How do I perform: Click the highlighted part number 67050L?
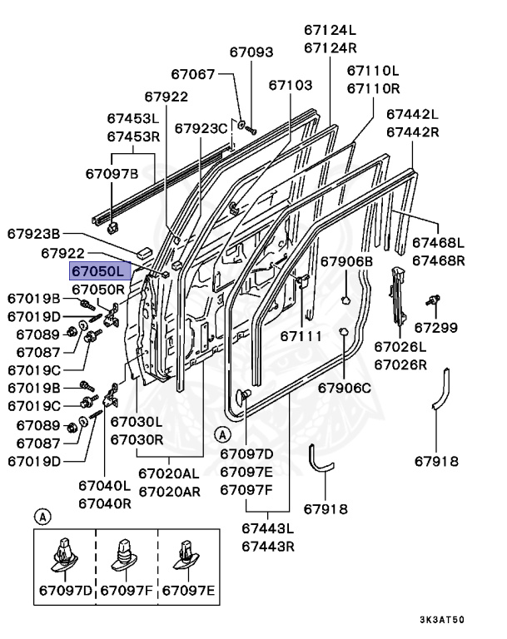[x=98, y=271]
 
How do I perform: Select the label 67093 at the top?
[x=251, y=52]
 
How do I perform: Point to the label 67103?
[x=291, y=85]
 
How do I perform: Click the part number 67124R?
[x=331, y=47]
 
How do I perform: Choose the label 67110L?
[x=373, y=70]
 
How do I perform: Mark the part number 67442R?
[x=412, y=131]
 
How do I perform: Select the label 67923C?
[x=201, y=128]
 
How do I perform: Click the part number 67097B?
[x=112, y=174]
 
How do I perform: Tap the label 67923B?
[x=34, y=234]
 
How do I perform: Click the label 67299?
[x=435, y=327]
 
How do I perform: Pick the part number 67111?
[x=301, y=336]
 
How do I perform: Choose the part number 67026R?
[x=400, y=364]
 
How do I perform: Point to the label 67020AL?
[x=169, y=473]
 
